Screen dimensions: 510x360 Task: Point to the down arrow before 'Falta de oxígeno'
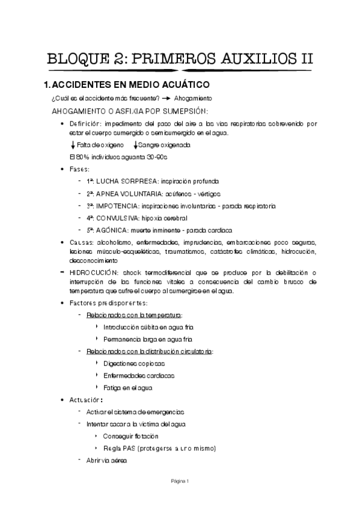pos(73,146)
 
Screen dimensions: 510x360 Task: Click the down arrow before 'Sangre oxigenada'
pos(136,146)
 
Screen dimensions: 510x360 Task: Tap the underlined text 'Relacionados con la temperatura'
pos(135,315)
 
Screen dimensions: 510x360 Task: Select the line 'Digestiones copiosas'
pos(133,363)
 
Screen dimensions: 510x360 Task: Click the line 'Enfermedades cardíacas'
pos(139,375)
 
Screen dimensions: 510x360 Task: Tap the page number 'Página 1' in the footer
pos(180,481)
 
